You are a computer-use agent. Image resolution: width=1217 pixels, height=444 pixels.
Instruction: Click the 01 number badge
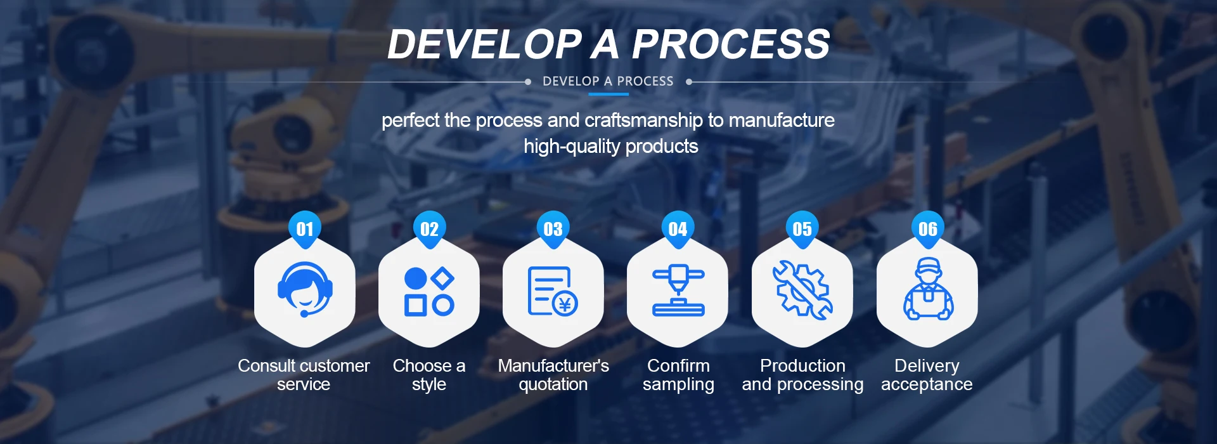305,228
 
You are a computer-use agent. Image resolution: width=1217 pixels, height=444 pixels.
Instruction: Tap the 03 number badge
553,228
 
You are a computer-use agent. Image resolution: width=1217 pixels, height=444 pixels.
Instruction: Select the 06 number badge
927,228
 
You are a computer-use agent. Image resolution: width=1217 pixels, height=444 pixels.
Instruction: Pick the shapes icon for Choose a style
429,291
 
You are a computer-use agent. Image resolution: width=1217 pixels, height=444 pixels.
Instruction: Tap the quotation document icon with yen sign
553,291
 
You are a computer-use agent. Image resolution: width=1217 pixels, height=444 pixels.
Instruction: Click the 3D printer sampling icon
678,290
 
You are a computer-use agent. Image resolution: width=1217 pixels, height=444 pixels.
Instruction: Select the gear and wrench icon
802,291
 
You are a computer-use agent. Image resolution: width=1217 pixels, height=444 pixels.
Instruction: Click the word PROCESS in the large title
731,44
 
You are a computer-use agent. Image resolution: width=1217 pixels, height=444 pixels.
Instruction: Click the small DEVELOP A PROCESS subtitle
608,81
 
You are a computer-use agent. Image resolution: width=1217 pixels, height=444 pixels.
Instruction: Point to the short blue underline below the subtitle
608,95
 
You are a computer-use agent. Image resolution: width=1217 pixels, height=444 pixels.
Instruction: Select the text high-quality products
611,147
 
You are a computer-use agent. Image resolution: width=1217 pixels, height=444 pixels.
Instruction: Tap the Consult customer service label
304,375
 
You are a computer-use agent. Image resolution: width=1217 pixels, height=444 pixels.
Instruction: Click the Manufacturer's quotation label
553,375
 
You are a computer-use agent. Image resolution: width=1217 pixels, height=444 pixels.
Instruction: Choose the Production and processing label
802,375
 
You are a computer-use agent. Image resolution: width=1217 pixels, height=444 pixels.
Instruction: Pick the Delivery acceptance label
927,375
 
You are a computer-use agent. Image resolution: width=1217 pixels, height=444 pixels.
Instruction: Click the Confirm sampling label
678,375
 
